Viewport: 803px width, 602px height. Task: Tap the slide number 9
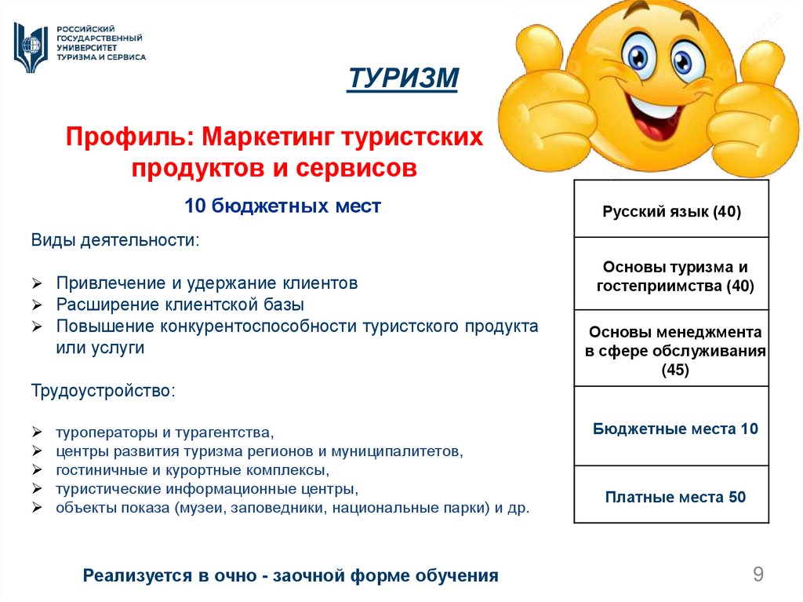click(758, 575)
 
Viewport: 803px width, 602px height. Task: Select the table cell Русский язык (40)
click(671, 211)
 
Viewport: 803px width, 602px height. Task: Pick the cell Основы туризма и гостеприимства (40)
click(671, 276)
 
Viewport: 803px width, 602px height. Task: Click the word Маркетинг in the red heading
click(267, 137)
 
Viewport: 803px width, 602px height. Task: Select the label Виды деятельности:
click(115, 239)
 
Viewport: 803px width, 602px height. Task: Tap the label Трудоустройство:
click(104, 391)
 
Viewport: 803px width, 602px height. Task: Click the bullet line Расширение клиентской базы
click(180, 305)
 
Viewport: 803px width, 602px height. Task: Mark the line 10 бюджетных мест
click(282, 206)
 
